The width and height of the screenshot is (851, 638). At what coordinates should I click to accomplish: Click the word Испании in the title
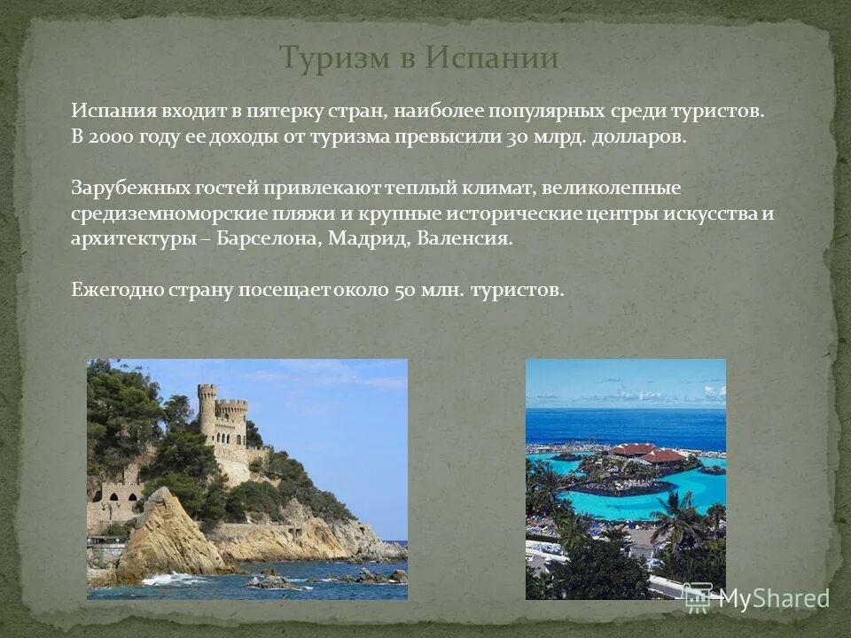(492, 58)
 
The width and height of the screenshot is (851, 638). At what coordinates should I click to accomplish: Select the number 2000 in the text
(110, 138)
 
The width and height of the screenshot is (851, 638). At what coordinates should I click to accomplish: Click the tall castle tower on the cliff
(207, 412)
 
